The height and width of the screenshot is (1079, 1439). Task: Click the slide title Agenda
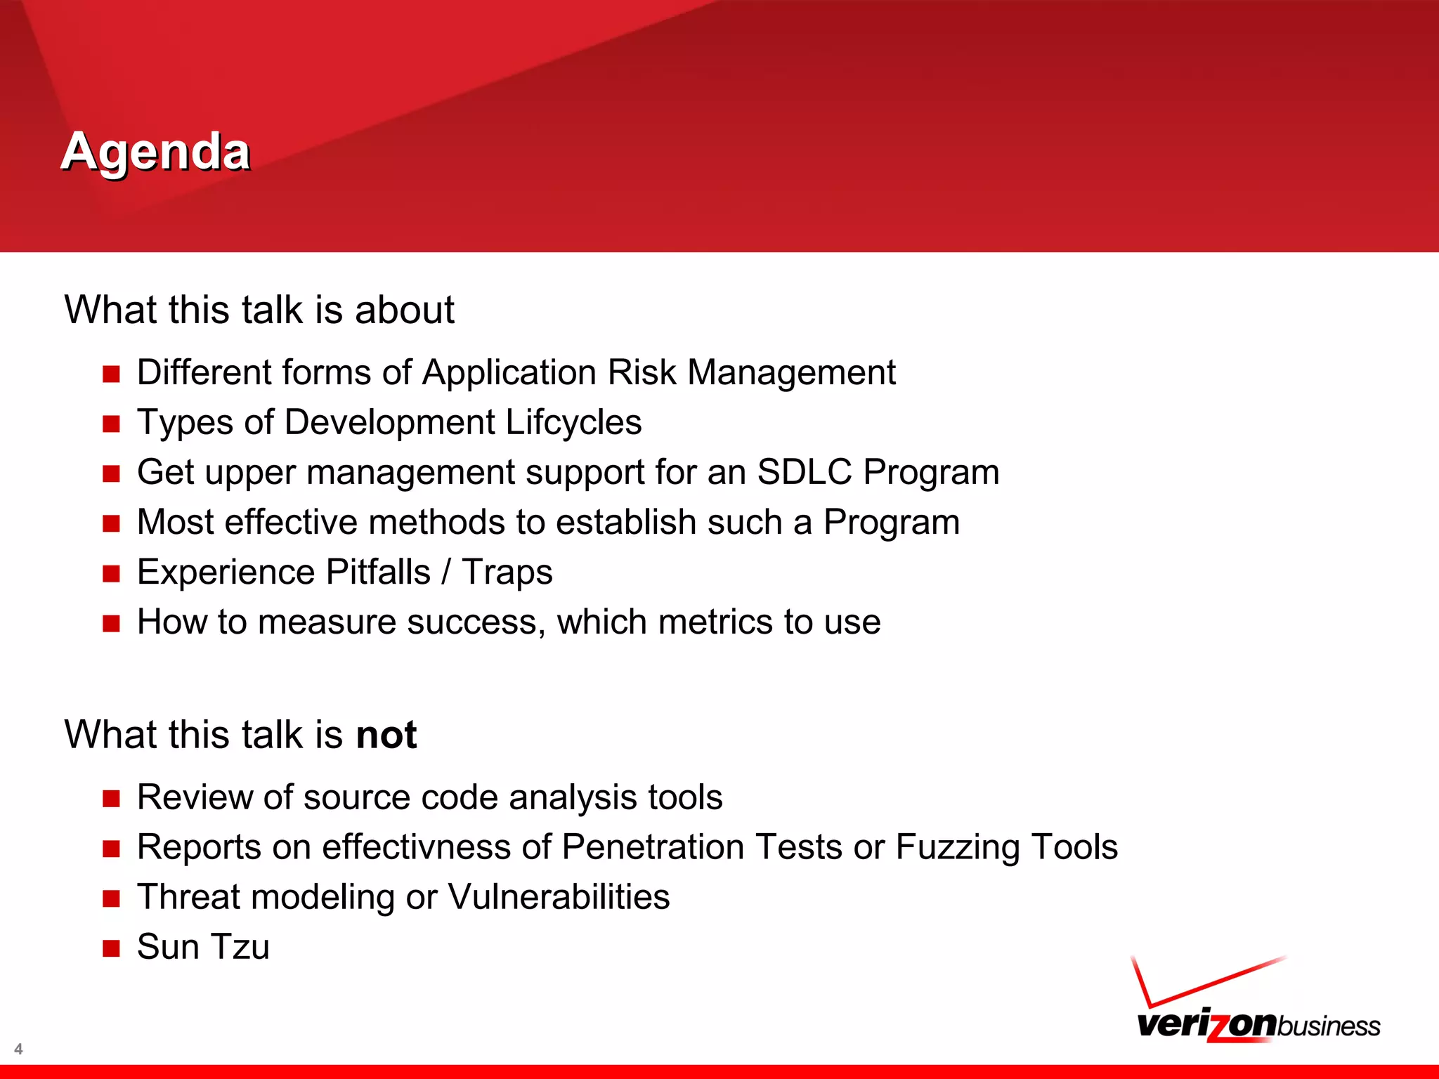tap(155, 152)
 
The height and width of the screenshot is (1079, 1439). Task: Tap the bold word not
tap(386, 735)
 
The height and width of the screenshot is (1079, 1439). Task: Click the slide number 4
tap(18, 1049)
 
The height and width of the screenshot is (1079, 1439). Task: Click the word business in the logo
tap(1328, 1026)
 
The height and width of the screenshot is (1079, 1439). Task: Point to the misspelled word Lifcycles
tap(573, 422)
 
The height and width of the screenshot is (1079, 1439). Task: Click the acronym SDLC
tap(804, 472)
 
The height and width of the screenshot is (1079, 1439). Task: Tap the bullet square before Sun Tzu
tap(111, 948)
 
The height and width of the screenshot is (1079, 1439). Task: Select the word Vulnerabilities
tap(559, 897)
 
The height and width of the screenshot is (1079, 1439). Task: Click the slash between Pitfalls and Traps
tap(446, 573)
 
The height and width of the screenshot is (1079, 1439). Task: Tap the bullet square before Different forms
tap(111, 374)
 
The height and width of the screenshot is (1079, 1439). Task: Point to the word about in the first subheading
tap(404, 310)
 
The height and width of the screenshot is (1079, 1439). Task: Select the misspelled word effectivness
tap(416, 847)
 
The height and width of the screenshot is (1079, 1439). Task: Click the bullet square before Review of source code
tap(111, 799)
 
